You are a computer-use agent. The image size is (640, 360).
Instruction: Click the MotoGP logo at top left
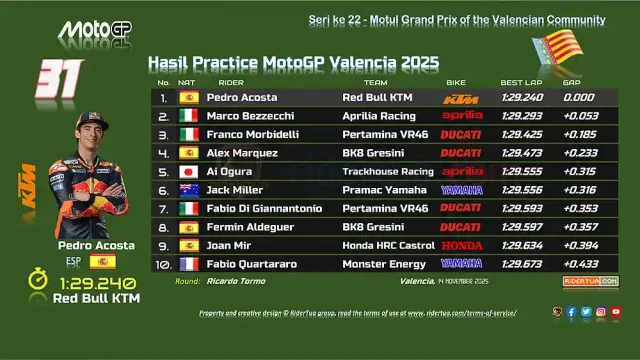point(94,31)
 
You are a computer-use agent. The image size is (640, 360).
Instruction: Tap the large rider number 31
point(58,79)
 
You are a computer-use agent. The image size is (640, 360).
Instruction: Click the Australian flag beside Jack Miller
point(188,190)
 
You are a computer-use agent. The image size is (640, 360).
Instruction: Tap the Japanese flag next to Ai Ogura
point(188,171)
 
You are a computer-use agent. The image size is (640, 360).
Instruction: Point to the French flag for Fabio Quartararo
point(188,263)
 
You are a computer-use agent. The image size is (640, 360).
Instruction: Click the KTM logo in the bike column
point(461,98)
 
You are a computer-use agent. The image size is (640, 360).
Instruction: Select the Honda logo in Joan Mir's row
point(461,245)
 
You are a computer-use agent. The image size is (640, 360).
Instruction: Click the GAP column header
point(572,82)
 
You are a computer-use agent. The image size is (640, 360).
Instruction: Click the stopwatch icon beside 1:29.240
point(37,281)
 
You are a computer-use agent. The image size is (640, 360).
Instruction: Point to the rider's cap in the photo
point(91,122)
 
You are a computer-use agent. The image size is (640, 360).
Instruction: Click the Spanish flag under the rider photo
point(102,261)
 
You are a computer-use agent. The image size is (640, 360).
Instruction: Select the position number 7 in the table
point(163,208)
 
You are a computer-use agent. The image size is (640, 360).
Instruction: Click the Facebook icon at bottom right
point(571,312)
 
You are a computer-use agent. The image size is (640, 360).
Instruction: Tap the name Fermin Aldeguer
point(246,226)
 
